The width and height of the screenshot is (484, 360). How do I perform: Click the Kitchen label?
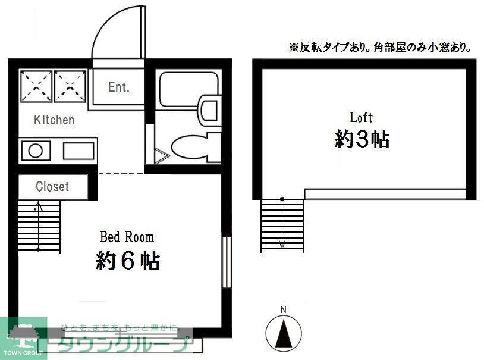(54, 120)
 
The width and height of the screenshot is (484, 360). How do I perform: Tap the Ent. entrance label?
(118, 87)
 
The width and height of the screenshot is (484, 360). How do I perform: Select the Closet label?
(52, 187)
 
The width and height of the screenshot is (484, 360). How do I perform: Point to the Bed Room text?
(126, 237)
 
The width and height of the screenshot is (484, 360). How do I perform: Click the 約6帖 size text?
(128, 261)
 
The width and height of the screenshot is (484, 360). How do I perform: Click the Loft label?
(362, 117)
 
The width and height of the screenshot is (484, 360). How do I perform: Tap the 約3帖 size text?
(362, 139)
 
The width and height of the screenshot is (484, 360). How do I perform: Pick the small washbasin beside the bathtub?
(209, 109)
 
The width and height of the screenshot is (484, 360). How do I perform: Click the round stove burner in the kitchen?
(33, 150)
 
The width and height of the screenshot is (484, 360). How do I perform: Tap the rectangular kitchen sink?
(78, 151)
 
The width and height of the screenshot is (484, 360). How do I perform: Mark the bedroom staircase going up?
(39, 226)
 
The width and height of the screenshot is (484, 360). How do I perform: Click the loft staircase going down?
(282, 223)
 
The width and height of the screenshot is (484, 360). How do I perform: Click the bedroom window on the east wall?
(226, 262)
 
